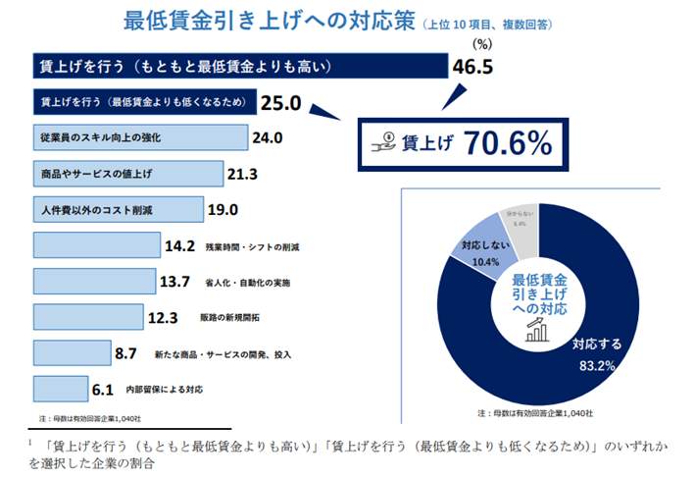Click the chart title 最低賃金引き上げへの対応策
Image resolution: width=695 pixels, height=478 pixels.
(x=270, y=21)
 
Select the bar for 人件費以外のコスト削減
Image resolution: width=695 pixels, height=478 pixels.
(x=119, y=209)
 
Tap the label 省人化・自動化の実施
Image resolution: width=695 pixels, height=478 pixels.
(x=247, y=282)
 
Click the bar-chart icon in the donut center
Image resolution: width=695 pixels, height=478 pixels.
(x=536, y=331)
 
